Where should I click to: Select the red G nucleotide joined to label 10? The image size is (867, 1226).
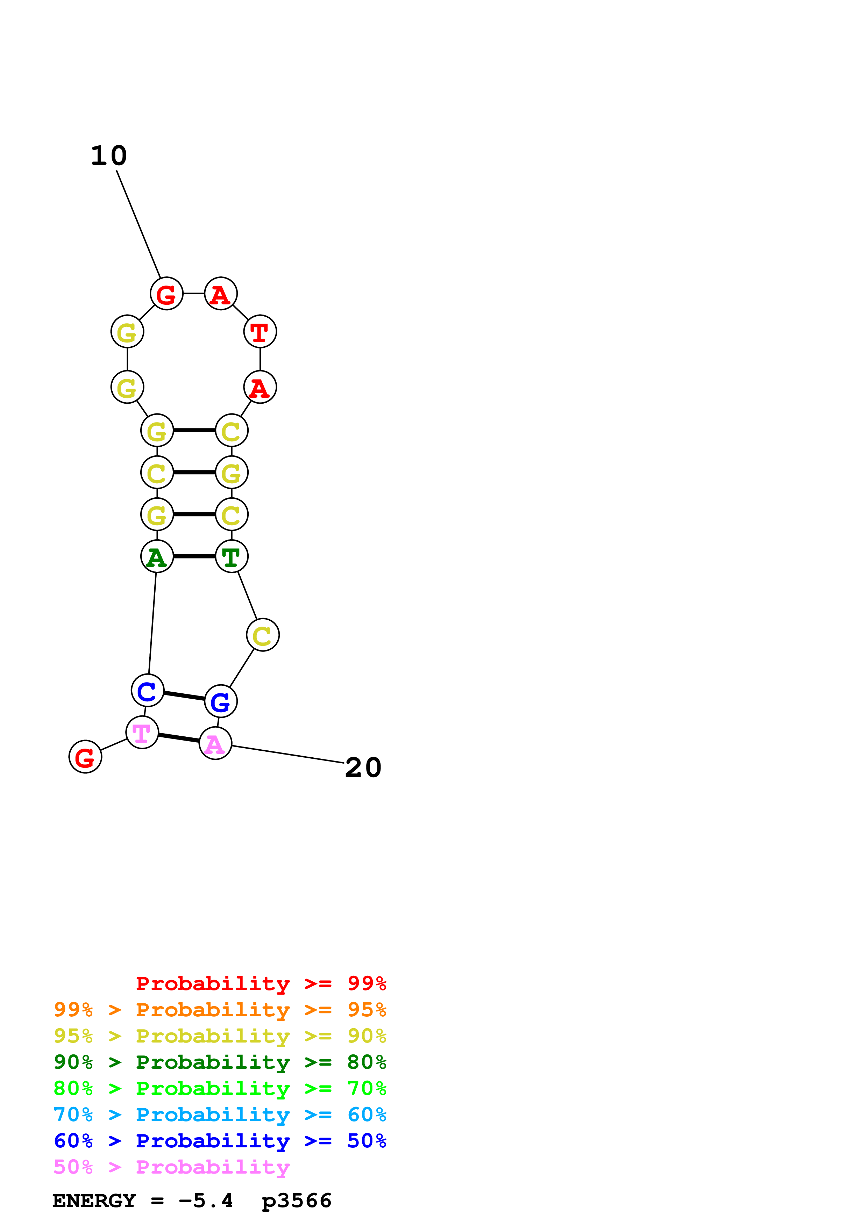click(167, 294)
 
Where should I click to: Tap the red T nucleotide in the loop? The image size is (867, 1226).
click(260, 332)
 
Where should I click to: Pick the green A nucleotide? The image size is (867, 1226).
click(157, 556)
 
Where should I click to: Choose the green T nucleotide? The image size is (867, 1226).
click(231, 556)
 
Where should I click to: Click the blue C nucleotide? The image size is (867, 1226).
click(148, 691)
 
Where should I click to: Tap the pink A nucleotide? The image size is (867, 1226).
click(215, 743)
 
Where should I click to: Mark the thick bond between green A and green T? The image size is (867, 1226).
click(194, 556)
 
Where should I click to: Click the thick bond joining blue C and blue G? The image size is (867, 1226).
click(184, 696)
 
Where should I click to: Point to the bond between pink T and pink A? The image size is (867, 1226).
click(179, 738)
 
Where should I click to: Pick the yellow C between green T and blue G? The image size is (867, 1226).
click(263, 635)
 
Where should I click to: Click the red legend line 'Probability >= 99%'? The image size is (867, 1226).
click(261, 983)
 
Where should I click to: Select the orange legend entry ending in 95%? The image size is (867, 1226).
click(220, 1010)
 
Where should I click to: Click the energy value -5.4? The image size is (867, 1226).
click(206, 1201)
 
